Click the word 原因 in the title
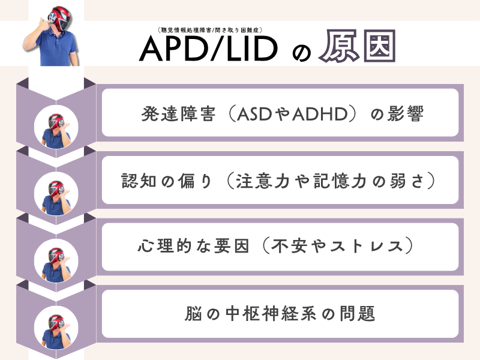[x=357, y=49]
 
